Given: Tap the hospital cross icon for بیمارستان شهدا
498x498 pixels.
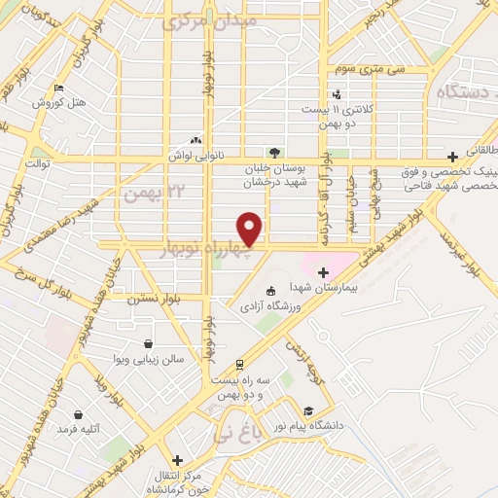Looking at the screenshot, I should pyautogui.click(x=323, y=271).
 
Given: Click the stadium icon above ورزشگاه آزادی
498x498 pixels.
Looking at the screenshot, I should pyautogui.click(x=269, y=290).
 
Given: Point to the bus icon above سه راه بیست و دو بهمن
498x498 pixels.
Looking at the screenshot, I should pyautogui.click(x=239, y=365).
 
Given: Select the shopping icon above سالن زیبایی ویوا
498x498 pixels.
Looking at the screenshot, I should pyautogui.click(x=147, y=343).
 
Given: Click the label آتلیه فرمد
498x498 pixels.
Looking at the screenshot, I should pyautogui.click(x=80, y=428).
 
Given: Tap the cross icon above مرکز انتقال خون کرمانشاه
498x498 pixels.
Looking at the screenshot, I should pyautogui.click(x=176, y=460).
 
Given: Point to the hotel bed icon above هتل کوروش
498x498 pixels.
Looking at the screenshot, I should pyautogui.click(x=58, y=89).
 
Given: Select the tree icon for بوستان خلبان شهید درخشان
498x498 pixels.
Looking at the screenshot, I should pyautogui.click(x=274, y=152).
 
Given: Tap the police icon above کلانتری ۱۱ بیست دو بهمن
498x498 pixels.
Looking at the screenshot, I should pyautogui.click(x=336, y=94).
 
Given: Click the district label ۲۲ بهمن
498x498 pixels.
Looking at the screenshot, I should pyautogui.click(x=147, y=192).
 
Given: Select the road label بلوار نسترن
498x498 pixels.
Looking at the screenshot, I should pyautogui.click(x=155, y=300).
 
